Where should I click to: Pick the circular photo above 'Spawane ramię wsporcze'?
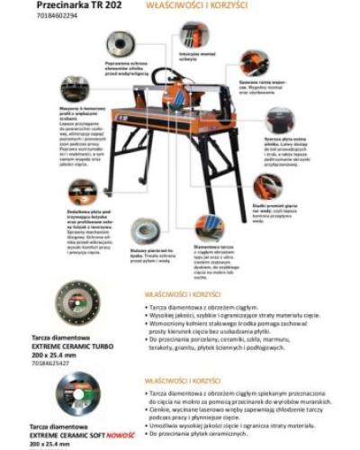(255, 63)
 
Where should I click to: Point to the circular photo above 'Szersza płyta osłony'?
(280, 120)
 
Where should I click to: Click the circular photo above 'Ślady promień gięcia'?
(267, 186)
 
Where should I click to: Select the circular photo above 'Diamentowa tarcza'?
(210, 227)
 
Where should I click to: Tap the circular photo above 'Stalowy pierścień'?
(145, 231)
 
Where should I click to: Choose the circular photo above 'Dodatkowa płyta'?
(82, 192)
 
